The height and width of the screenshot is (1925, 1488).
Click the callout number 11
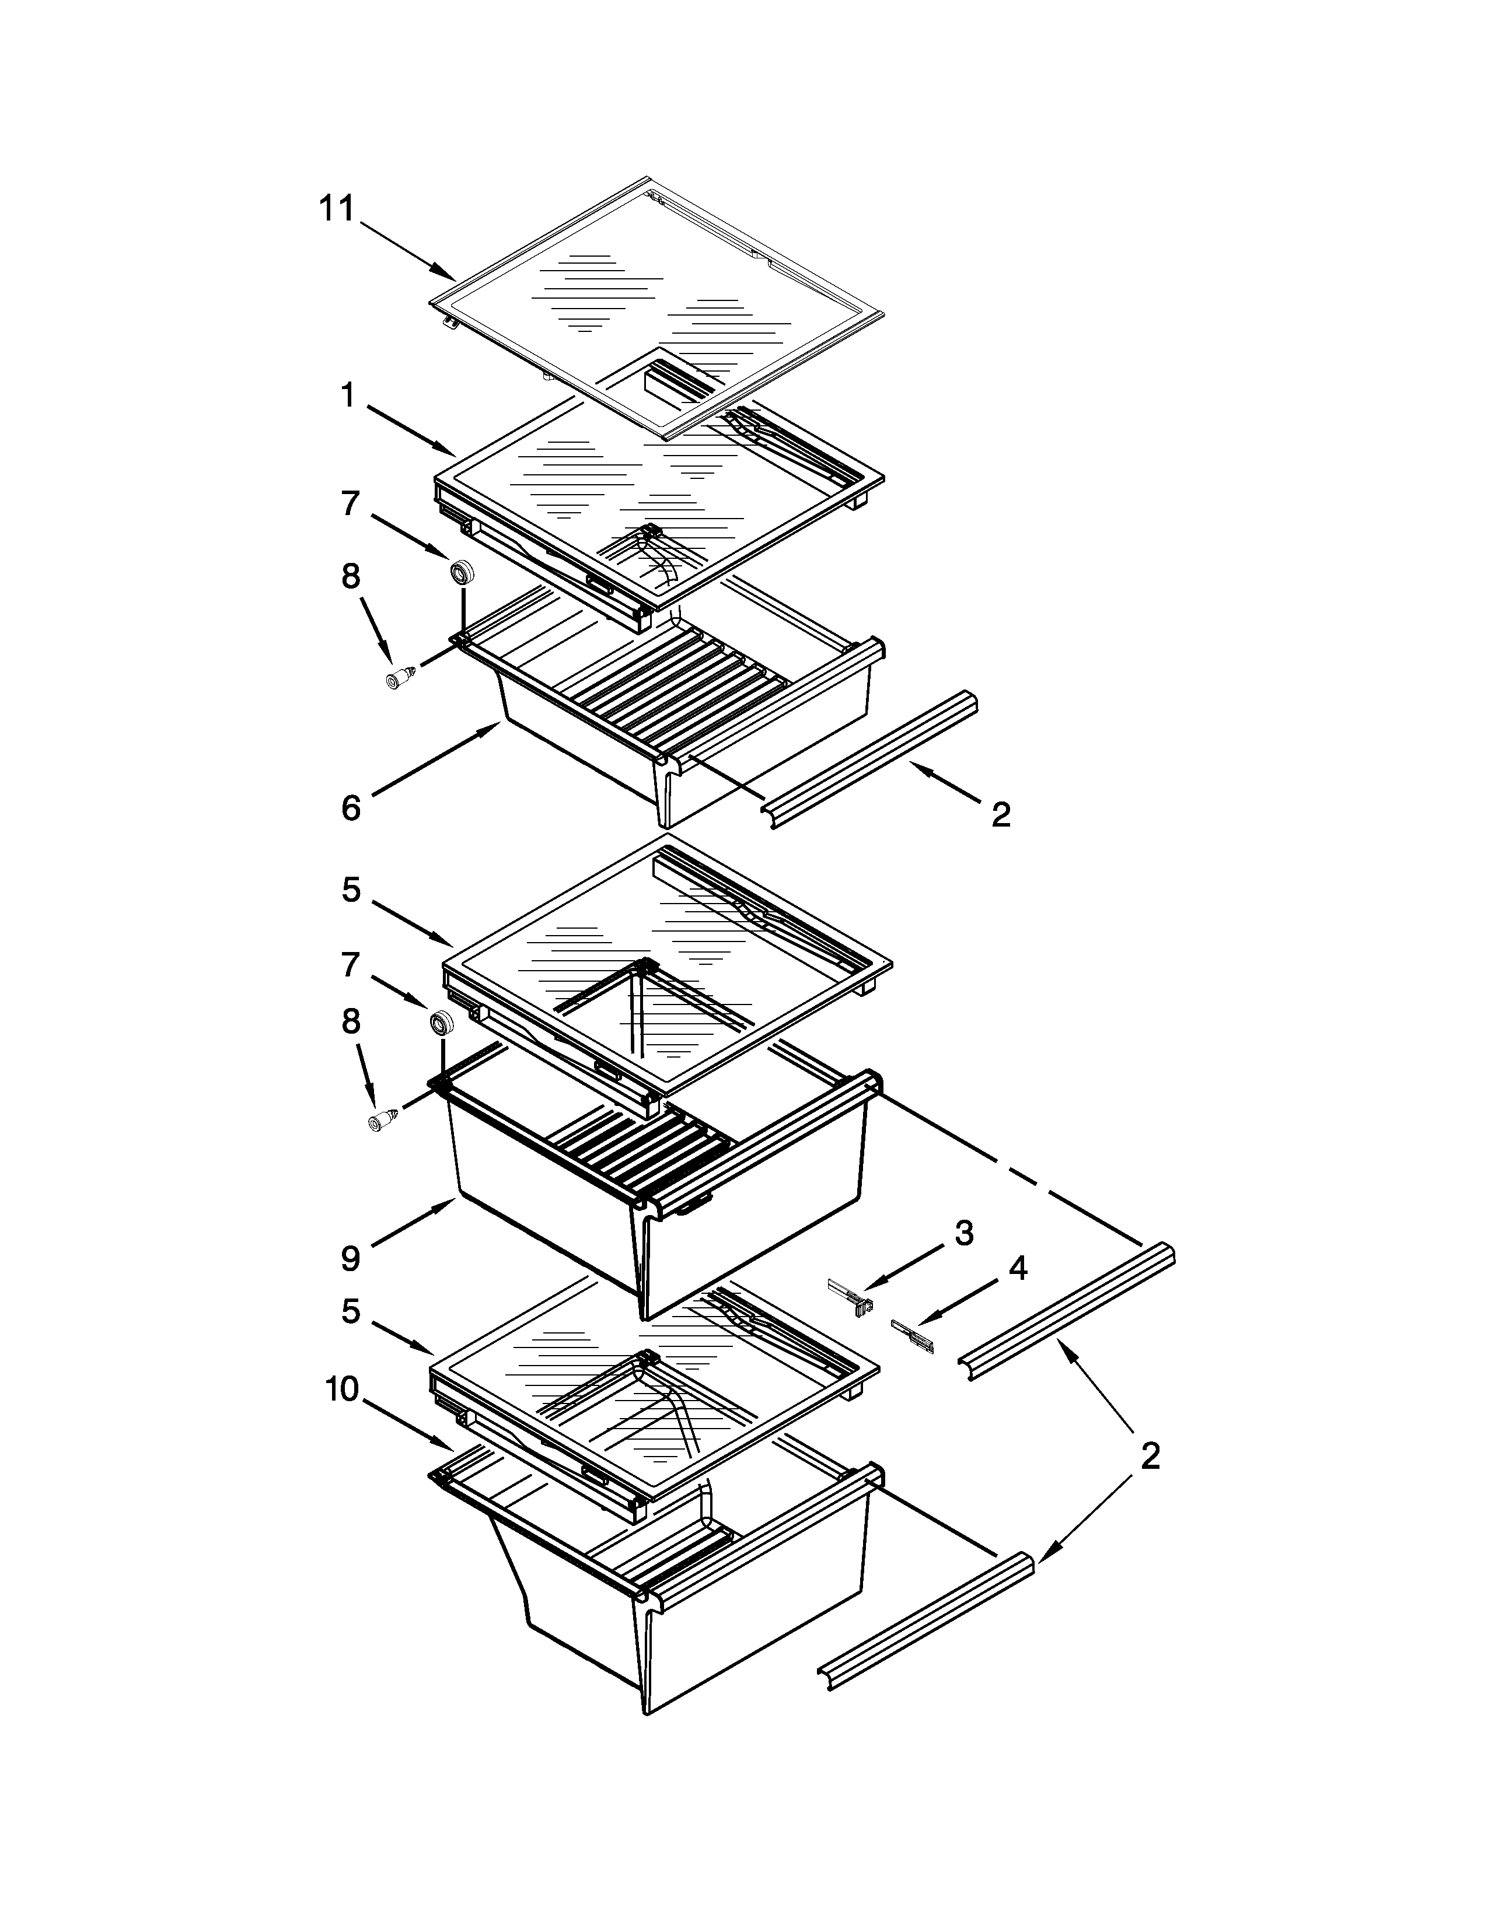(x=336, y=209)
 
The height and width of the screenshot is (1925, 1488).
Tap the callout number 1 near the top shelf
(x=349, y=395)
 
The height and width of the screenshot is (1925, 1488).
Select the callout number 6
(x=351, y=807)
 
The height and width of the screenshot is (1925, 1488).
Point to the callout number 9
(x=351, y=1258)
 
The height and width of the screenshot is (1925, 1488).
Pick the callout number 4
(x=1017, y=1268)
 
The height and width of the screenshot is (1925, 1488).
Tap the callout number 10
(x=342, y=1390)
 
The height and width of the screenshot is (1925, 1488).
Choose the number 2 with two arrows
(x=1150, y=1455)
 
